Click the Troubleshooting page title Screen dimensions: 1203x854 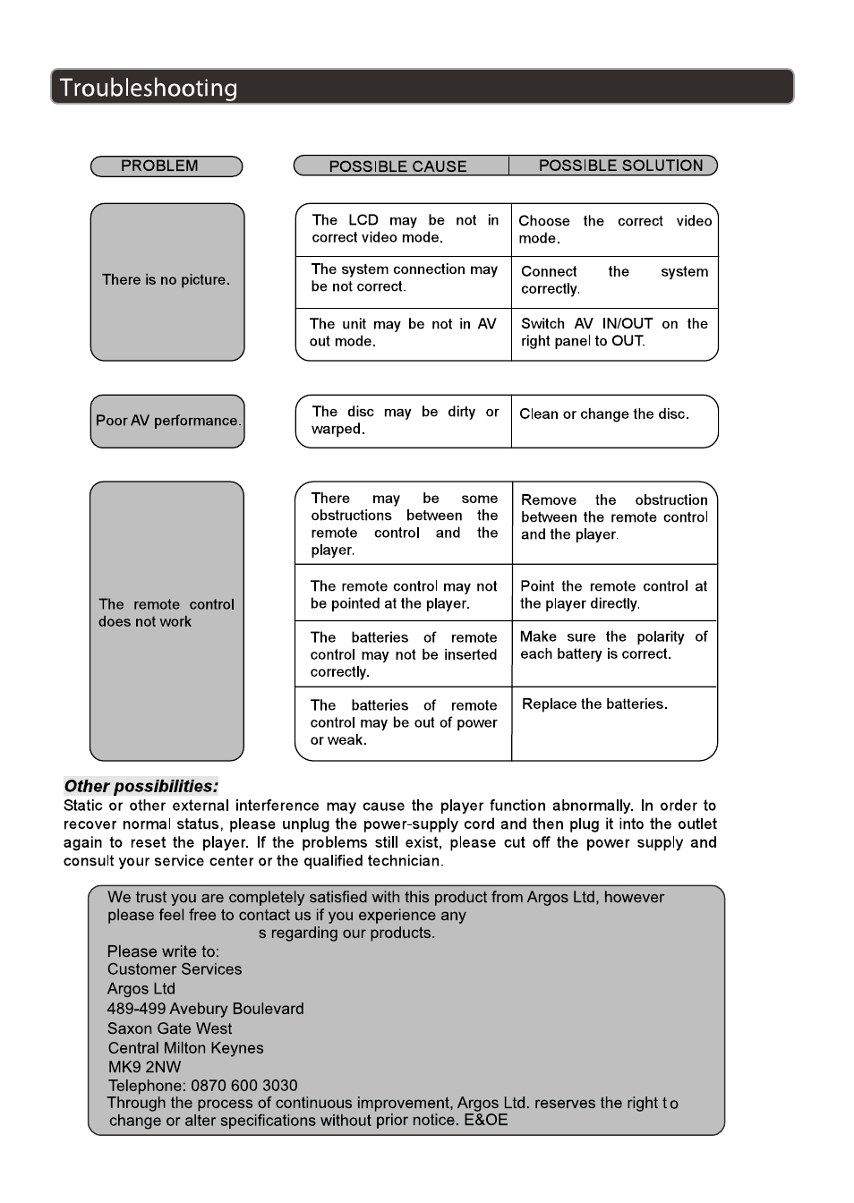point(149,88)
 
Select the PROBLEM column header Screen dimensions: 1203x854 point(160,166)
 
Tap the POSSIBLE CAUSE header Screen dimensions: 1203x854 point(397,166)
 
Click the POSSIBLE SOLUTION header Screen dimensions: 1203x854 point(620,166)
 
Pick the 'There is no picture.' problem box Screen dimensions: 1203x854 point(167,280)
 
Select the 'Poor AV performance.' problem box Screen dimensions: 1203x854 point(167,421)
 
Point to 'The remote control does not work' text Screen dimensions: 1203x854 point(166,613)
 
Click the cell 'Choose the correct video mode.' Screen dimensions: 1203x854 point(614,229)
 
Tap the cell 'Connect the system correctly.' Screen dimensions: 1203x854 point(614,280)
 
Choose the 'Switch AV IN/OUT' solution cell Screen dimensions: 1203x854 point(614,332)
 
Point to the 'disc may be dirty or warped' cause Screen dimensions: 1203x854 point(404,421)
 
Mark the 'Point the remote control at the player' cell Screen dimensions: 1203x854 point(613,594)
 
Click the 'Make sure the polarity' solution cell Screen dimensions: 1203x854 point(613,645)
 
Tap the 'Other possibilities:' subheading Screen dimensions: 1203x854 point(141,787)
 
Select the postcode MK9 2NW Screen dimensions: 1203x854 point(144,1067)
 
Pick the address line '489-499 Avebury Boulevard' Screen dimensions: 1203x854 point(205,1009)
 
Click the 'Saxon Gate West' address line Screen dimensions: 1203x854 point(169,1028)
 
